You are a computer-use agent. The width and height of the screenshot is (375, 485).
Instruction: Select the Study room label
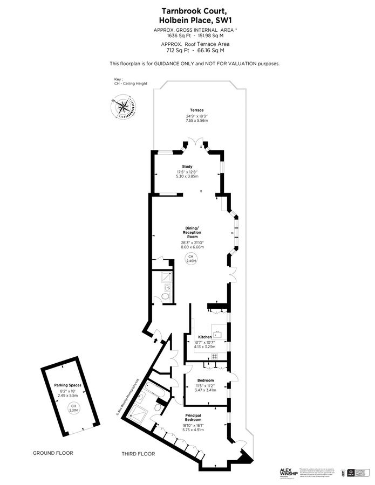point(187,167)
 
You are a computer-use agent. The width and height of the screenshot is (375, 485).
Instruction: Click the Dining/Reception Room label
point(193,233)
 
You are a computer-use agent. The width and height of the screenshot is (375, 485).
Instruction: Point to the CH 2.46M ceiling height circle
point(190,258)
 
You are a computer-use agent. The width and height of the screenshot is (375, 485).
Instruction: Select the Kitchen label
point(204,337)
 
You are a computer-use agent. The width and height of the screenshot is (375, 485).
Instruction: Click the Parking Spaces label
point(68,385)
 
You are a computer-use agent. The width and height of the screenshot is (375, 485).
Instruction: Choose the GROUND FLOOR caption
point(52,453)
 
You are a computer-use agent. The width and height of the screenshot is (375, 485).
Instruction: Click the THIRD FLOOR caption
point(138,454)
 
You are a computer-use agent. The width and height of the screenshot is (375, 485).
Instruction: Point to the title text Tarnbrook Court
point(187,10)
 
